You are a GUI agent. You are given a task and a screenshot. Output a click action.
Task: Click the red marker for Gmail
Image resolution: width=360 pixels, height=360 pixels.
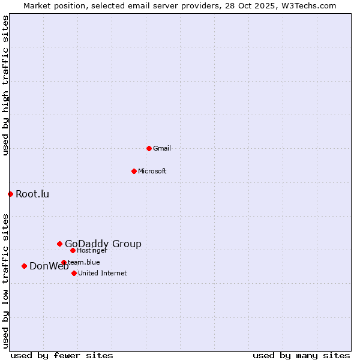point(149,148)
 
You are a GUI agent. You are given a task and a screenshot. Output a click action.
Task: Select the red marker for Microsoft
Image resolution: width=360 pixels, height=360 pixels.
point(134,171)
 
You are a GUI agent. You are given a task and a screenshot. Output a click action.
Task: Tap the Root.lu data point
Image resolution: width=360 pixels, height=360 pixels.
point(10,194)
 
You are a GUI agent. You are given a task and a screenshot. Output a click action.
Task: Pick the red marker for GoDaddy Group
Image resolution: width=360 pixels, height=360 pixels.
point(59,244)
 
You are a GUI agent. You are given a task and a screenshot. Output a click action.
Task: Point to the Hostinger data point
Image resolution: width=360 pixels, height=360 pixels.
point(73,250)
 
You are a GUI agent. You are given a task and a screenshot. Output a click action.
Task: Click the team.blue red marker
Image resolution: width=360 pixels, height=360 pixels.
point(64,262)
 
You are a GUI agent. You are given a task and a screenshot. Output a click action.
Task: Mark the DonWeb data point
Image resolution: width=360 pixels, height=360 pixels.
point(24,266)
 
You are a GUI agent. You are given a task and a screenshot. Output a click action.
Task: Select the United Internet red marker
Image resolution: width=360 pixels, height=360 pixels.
point(74,273)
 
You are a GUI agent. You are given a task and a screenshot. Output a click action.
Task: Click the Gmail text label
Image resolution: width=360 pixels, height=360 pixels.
point(162,148)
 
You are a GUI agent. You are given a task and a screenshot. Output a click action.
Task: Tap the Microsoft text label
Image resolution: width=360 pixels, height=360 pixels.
point(152,171)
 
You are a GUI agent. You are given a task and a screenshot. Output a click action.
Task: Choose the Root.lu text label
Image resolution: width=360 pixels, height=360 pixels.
point(32,194)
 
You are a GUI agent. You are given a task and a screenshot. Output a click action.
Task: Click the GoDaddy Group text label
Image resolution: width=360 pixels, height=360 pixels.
point(103,244)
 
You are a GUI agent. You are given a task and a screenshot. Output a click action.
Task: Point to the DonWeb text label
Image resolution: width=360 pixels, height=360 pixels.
point(49,266)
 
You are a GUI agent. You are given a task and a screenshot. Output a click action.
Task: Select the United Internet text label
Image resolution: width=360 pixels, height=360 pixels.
point(103,273)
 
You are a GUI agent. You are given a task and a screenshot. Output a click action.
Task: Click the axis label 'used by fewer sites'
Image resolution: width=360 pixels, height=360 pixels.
point(62,355)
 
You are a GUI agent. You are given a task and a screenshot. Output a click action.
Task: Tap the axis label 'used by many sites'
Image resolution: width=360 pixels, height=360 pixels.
point(301,355)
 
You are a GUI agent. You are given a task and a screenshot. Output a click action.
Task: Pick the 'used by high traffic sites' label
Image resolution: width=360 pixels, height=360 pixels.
point(5,86)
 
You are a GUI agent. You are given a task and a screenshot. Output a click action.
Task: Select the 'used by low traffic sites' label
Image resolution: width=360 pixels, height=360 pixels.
point(5,281)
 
